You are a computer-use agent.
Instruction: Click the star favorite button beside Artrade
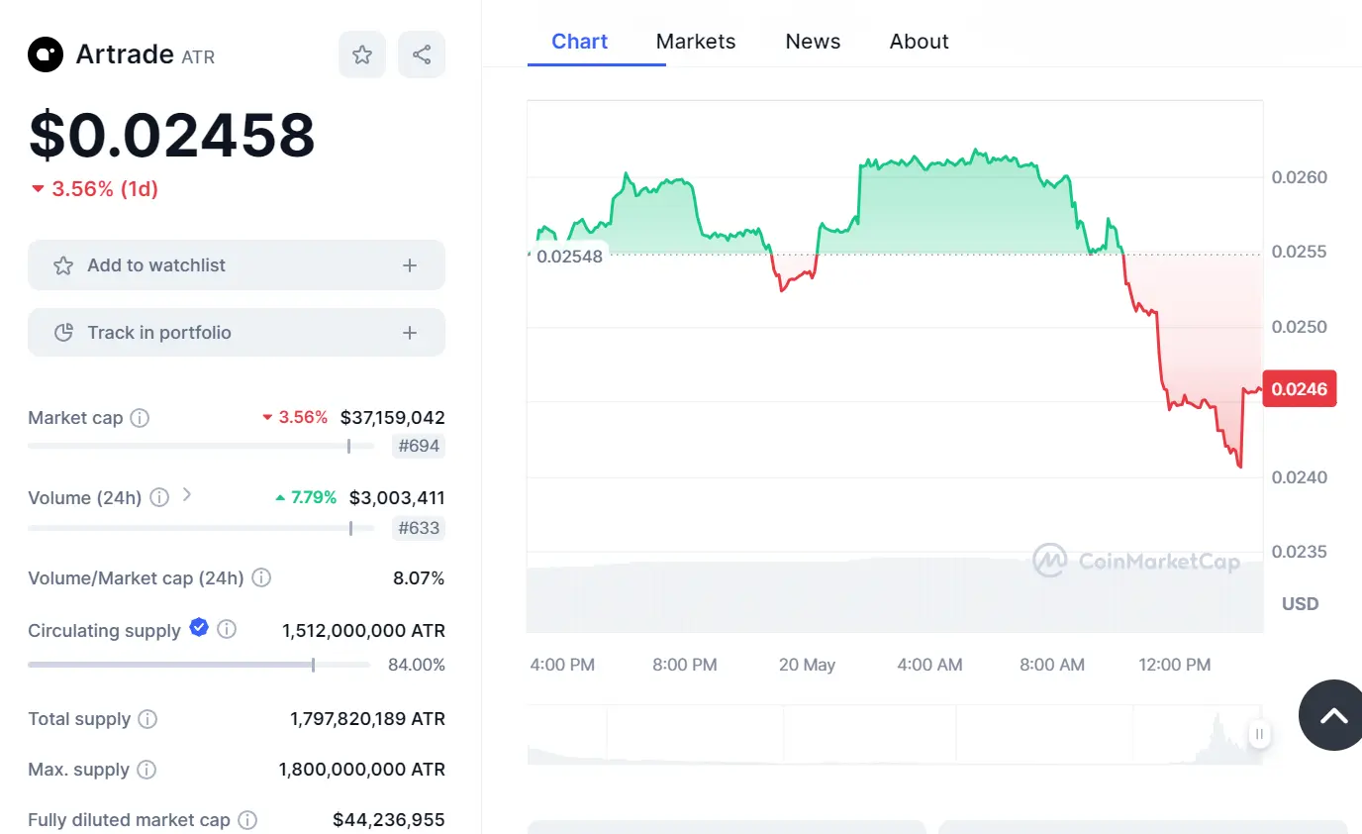[x=362, y=54]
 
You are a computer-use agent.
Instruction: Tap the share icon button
[x=422, y=54]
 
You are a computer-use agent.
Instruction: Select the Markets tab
[x=696, y=42]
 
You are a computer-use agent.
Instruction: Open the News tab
[x=813, y=42]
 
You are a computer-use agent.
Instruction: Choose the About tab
[x=919, y=42]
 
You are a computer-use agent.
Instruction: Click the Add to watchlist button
[x=237, y=265]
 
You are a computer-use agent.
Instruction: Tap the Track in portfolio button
[x=237, y=333]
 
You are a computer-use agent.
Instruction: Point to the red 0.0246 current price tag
[x=1300, y=389]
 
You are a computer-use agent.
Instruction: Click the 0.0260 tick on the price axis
[x=1299, y=177]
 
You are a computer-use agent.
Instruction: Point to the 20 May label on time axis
[x=807, y=665]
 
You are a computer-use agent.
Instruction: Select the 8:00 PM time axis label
[x=685, y=665]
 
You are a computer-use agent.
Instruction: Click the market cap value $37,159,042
[x=392, y=417]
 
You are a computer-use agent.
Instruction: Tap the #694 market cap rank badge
[x=419, y=446]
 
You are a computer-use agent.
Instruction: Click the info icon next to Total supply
[x=147, y=719]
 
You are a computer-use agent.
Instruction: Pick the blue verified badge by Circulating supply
[x=199, y=627]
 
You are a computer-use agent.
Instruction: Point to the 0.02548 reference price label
[x=568, y=257]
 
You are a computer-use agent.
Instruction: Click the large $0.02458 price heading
[x=172, y=135]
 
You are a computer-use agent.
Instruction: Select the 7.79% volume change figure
[x=313, y=497]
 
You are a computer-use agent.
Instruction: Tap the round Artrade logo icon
[x=46, y=54]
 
